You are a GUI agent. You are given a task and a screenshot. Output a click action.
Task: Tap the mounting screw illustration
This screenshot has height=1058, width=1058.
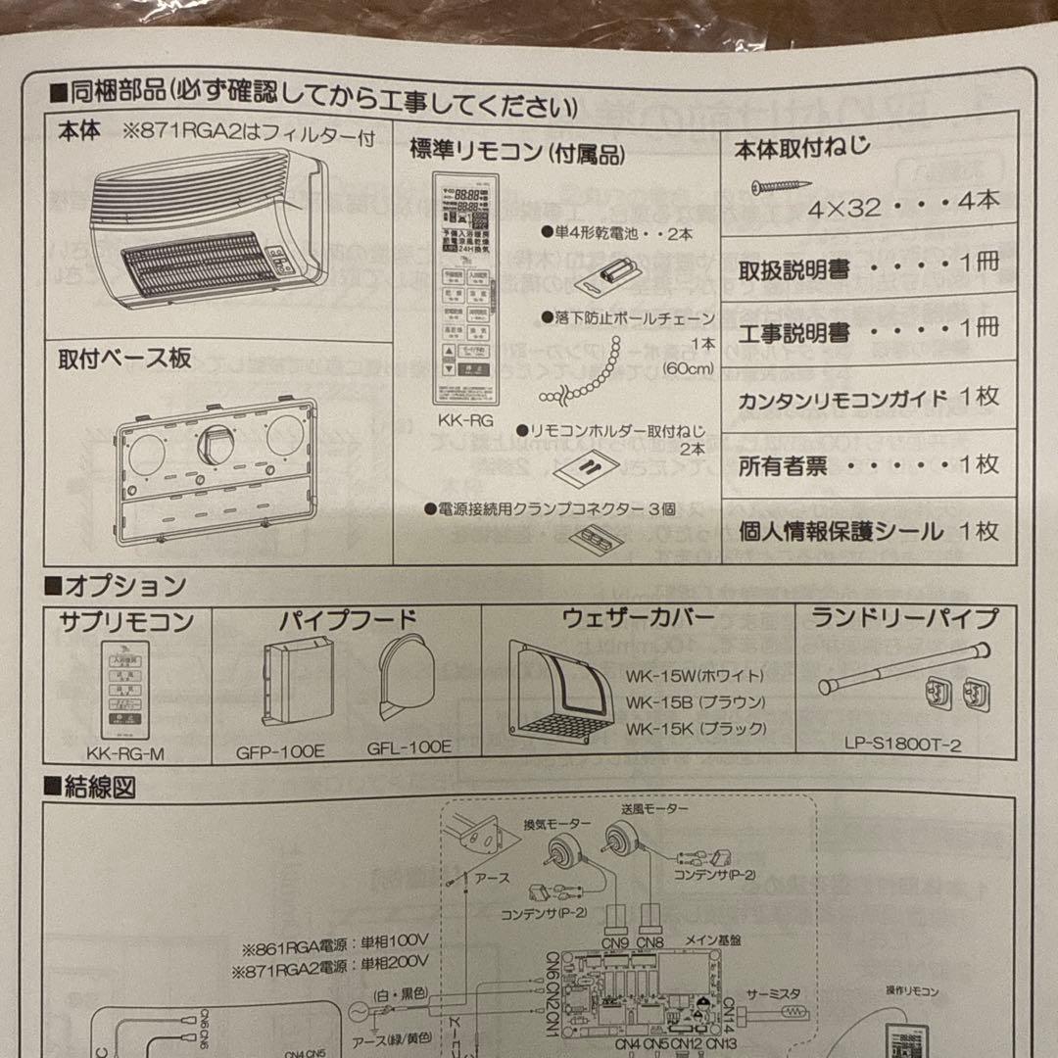pos(782,185)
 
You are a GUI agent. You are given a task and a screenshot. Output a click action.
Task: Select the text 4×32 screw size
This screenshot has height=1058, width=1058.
pos(845,207)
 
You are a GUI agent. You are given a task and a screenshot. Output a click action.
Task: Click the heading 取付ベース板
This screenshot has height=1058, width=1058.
pos(124,359)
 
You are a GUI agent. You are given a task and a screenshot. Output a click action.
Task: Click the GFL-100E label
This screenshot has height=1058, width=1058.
pos(409,746)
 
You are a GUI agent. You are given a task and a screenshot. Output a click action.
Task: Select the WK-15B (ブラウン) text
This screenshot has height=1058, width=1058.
pos(696,703)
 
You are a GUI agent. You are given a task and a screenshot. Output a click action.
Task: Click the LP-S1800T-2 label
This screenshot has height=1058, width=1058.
pos(902,745)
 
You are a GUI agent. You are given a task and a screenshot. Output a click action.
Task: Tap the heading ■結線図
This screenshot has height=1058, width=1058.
pos(90,786)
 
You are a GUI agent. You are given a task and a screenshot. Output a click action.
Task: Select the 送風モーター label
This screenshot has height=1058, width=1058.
pos(654,809)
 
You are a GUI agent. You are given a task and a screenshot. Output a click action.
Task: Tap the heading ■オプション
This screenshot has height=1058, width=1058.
pos(116,586)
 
